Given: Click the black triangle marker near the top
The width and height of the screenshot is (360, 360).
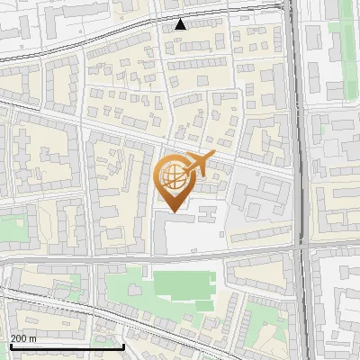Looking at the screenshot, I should (181, 24).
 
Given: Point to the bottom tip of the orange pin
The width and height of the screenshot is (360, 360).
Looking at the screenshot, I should (173, 211).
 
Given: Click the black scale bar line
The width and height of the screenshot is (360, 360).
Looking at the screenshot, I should (67, 346).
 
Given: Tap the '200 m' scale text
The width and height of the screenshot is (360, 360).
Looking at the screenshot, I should (23, 338).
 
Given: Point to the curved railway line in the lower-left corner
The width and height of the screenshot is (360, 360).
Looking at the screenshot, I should (54, 301).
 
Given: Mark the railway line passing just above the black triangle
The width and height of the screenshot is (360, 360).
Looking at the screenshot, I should (180, 13).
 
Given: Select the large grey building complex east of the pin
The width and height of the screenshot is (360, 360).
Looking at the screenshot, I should (261, 198).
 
